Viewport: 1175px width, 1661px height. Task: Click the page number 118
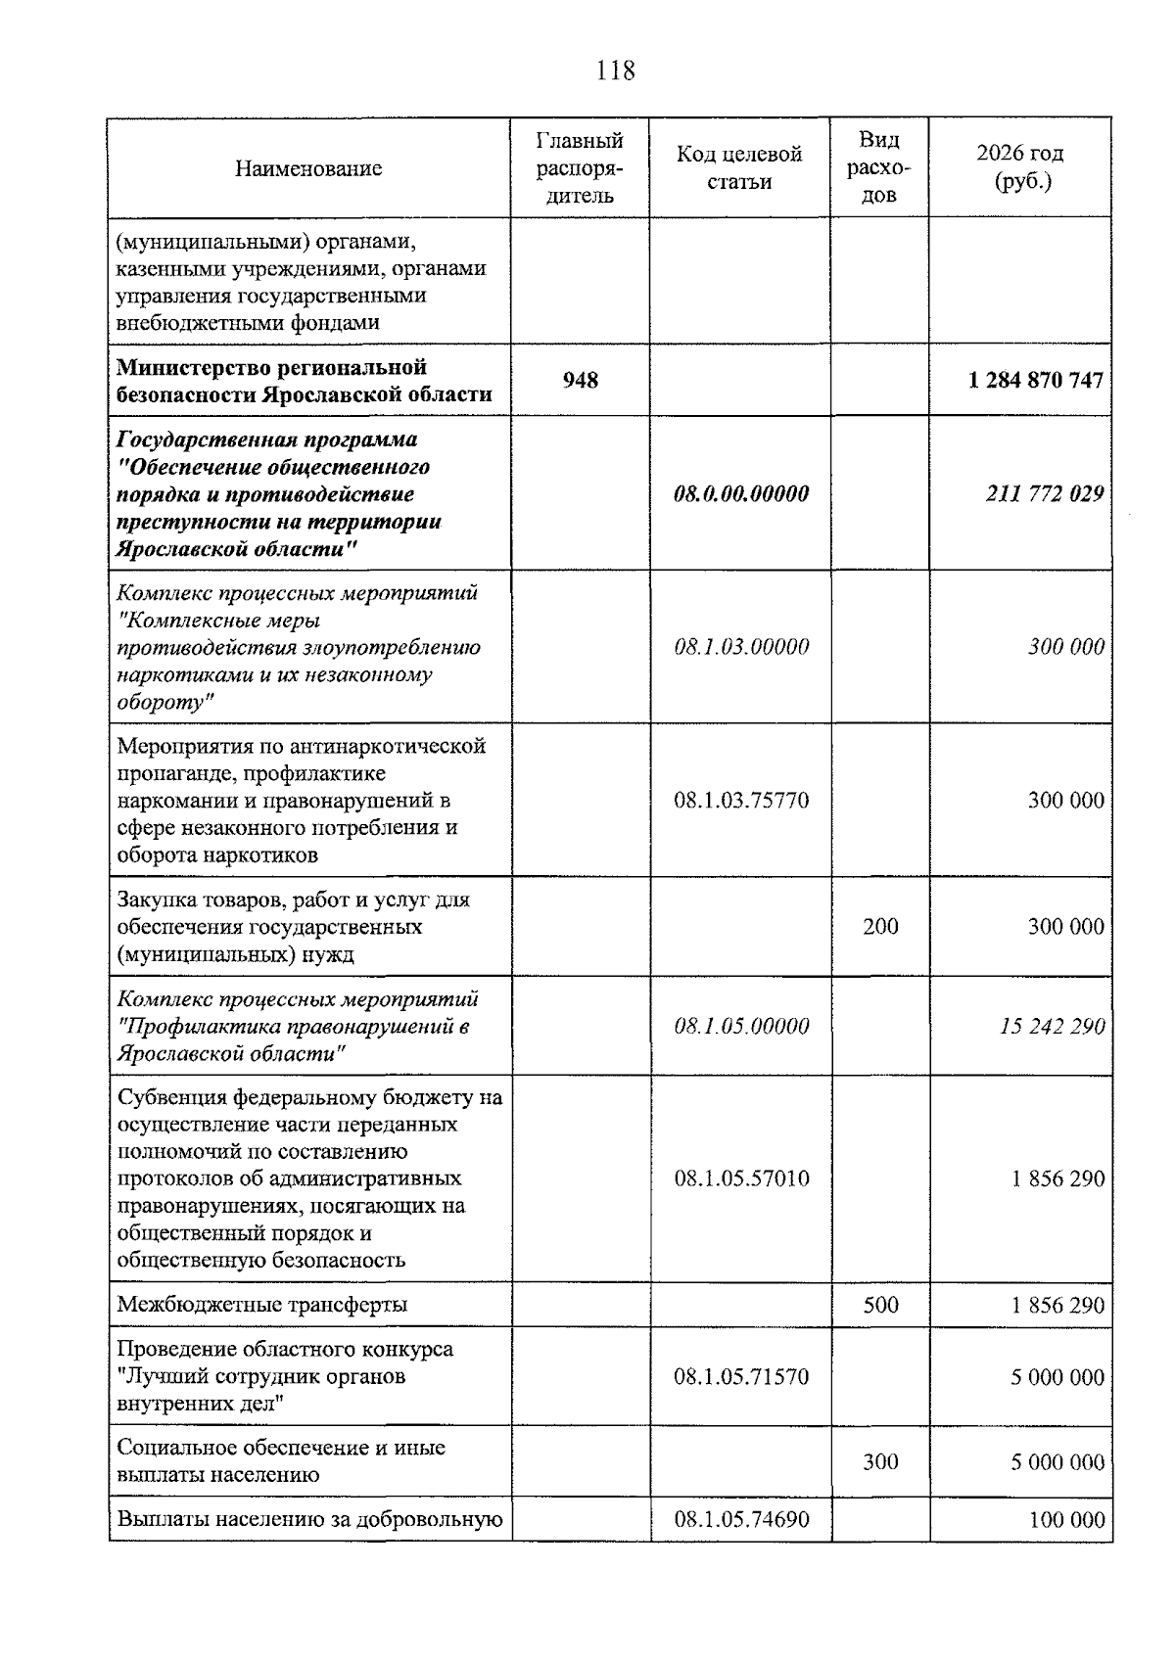tap(615, 71)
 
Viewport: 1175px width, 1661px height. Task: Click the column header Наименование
tap(308, 168)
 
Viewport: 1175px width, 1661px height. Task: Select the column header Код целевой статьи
tap(739, 168)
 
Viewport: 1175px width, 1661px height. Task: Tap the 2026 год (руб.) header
tap(1020, 167)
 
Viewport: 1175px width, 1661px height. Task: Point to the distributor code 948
tap(580, 380)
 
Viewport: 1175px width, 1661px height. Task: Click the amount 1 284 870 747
tap(1036, 380)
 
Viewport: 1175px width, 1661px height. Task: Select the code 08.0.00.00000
tap(741, 493)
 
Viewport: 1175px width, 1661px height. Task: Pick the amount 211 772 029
tap(1045, 493)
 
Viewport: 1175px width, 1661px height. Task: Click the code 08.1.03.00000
tap(741, 647)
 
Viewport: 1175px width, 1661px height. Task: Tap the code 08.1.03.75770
tap(741, 801)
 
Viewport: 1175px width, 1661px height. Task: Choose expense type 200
tap(880, 926)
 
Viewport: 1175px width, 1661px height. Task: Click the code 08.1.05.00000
tap(741, 1026)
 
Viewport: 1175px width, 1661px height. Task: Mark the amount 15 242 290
tap(1053, 1026)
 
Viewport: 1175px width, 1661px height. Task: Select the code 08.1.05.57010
tap(741, 1178)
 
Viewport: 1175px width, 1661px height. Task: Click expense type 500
tap(880, 1305)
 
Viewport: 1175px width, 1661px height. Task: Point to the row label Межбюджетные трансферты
tap(262, 1305)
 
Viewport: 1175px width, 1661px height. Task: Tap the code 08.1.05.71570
tap(741, 1377)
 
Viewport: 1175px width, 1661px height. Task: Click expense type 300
tap(880, 1461)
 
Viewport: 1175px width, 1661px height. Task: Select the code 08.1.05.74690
tap(741, 1520)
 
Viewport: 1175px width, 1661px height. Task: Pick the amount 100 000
tap(1066, 1520)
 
